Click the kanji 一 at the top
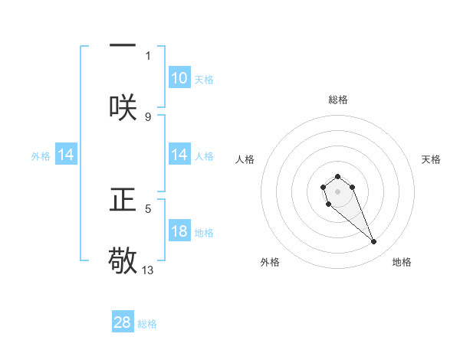(123, 44)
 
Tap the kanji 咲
(123, 107)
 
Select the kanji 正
(123, 198)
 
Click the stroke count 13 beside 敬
(149, 270)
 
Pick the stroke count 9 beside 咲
(149, 116)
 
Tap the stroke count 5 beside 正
(149, 208)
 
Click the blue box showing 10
(179, 78)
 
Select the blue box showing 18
(179, 231)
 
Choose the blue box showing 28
(123, 322)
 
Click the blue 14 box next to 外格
(66, 155)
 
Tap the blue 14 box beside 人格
(179, 155)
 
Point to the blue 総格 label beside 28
(147, 324)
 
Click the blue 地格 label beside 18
(204, 233)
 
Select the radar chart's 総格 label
(337, 100)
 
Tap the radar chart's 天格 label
(431, 159)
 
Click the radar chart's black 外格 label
(270, 262)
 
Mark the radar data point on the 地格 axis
(374, 242)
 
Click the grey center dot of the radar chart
(337, 191)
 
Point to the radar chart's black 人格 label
(245, 159)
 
